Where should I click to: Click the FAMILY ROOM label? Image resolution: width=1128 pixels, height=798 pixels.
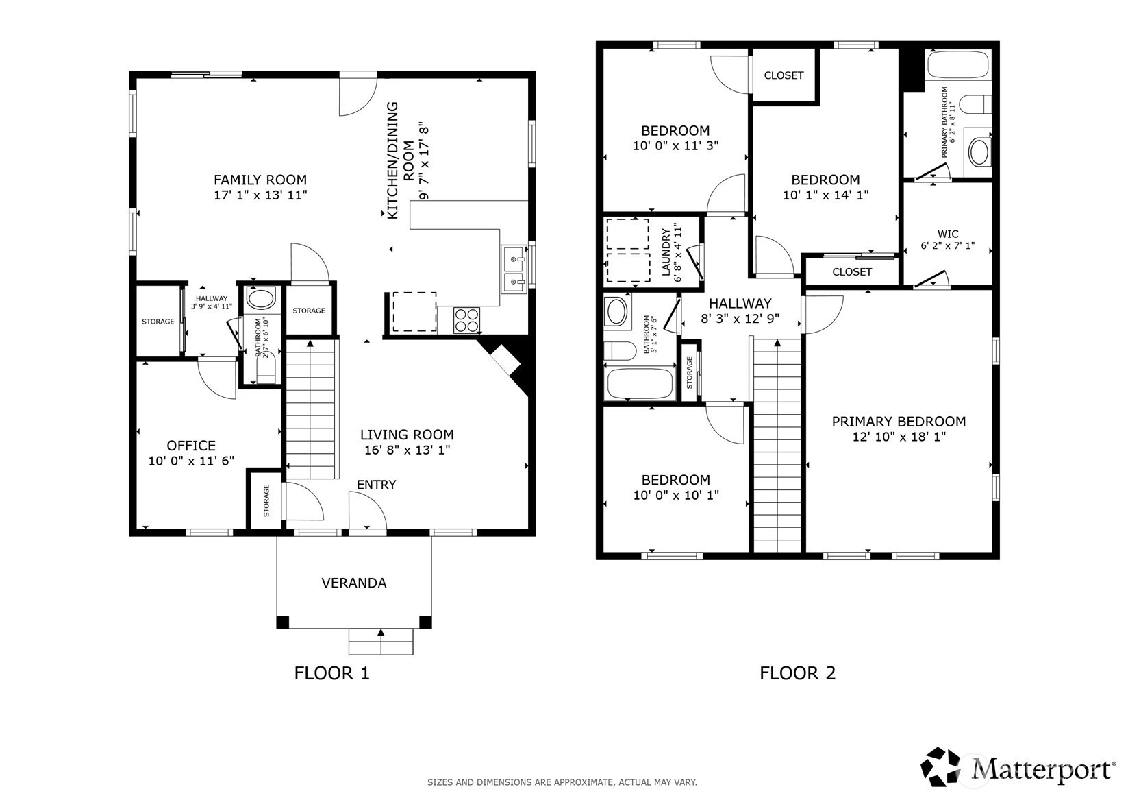point(260,180)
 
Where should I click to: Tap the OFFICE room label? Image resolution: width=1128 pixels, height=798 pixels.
point(191,446)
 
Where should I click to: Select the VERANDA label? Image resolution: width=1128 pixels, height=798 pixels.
point(354,583)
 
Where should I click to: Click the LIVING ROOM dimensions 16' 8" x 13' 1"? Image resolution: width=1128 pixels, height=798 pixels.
point(407,450)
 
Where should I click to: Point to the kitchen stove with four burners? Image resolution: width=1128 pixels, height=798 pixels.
point(467,320)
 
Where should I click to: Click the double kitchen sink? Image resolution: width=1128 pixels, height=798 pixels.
point(514,269)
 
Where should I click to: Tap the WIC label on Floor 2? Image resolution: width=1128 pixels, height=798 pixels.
point(948,234)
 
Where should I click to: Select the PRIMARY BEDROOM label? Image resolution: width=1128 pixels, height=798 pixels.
point(899,422)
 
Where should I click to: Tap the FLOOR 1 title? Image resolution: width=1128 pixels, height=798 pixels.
point(332,673)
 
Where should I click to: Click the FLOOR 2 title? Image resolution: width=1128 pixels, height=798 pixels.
point(798,673)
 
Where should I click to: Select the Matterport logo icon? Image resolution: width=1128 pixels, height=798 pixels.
point(940,767)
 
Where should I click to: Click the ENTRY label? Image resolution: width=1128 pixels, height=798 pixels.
point(376,485)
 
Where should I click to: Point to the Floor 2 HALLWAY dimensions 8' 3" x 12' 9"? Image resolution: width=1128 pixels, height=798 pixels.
point(740,319)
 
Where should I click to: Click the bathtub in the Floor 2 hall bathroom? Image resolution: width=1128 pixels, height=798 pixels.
point(640,384)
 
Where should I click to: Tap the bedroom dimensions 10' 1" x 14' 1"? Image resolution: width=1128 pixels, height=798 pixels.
point(825,195)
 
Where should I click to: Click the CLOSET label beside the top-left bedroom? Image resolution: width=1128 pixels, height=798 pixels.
point(784,75)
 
